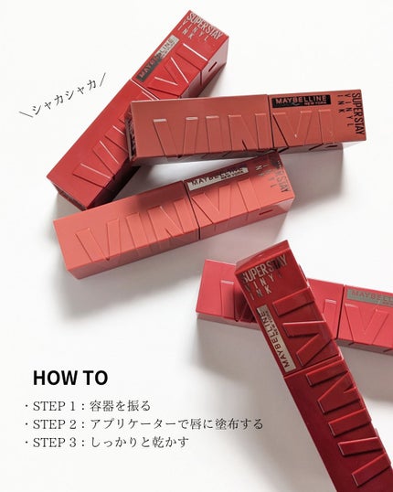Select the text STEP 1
(63, 405)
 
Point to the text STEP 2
(63, 423)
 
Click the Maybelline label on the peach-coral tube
(219, 177)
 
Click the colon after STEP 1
(90, 405)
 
